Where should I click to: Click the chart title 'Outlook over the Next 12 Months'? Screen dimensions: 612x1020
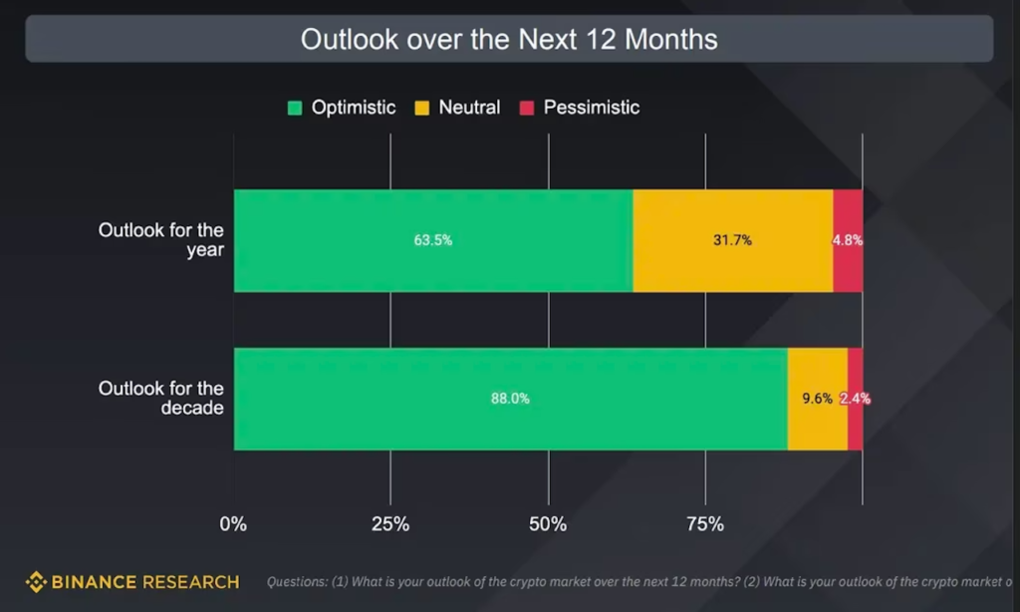pyautogui.click(x=509, y=40)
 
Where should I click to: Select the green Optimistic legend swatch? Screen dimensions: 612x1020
pyautogui.click(x=295, y=108)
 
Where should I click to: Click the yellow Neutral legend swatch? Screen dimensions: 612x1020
pyautogui.click(x=421, y=108)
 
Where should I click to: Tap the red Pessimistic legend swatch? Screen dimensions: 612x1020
pyautogui.click(x=526, y=108)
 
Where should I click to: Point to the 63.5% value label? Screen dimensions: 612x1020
pyautogui.click(x=433, y=240)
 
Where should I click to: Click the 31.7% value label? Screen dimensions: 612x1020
pyautogui.click(x=732, y=240)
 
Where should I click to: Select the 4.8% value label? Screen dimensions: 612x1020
pyautogui.click(x=848, y=240)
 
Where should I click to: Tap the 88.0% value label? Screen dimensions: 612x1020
pyautogui.click(x=510, y=399)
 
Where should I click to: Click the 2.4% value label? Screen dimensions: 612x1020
pyautogui.click(x=855, y=399)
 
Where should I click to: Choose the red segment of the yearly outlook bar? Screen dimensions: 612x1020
pyautogui.click(x=848, y=269)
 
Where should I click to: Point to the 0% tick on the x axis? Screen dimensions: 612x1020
pyautogui.click(x=232, y=524)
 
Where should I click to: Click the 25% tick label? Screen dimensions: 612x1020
pyautogui.click(x=390, y=524)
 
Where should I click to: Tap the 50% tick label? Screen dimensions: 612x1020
pyautogui.click(x=548, y=524)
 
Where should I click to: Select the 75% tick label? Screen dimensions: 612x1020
pyautogui.click(x=705, y=524)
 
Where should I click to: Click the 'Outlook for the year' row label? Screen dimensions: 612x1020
pyautogui.click(x=161, y=240)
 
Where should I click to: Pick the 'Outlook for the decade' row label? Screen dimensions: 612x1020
pyautogui.click(x=161, y=399)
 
